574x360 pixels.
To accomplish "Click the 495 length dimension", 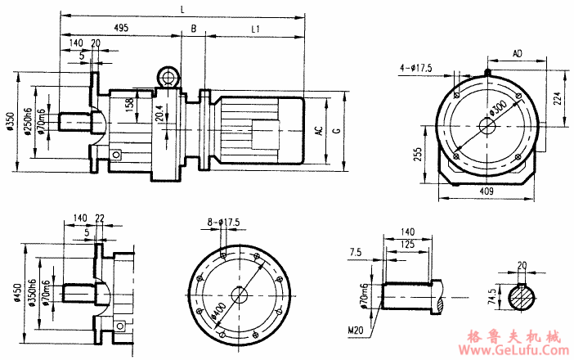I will point(121,28).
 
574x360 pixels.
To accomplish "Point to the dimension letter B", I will point(193,28).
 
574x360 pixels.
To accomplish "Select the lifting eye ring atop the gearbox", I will point(169,78).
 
